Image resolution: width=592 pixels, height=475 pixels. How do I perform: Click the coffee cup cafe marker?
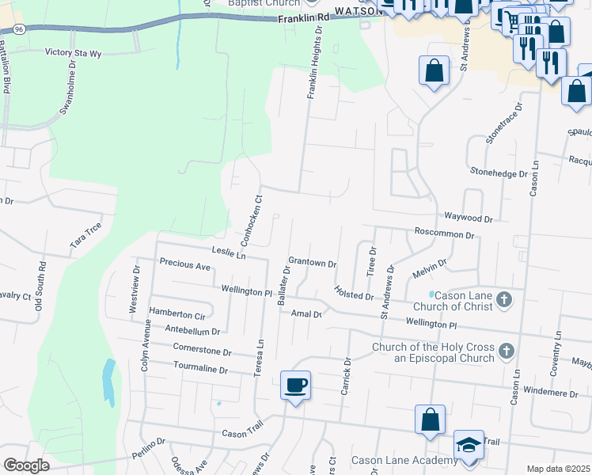296,386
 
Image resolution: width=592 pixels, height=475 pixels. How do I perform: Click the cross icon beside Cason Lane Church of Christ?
506,300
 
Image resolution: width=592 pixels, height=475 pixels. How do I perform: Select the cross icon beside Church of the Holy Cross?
506,351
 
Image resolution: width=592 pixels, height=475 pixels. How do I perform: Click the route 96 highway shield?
17,29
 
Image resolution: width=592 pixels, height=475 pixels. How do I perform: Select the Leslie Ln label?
230,253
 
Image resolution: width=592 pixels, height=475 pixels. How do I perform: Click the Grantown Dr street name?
313,262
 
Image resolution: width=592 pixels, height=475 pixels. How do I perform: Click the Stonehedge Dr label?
499,173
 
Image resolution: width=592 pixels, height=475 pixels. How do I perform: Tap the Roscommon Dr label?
444,235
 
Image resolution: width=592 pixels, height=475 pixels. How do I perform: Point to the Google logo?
26,465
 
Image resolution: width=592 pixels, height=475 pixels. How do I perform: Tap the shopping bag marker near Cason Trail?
430,420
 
